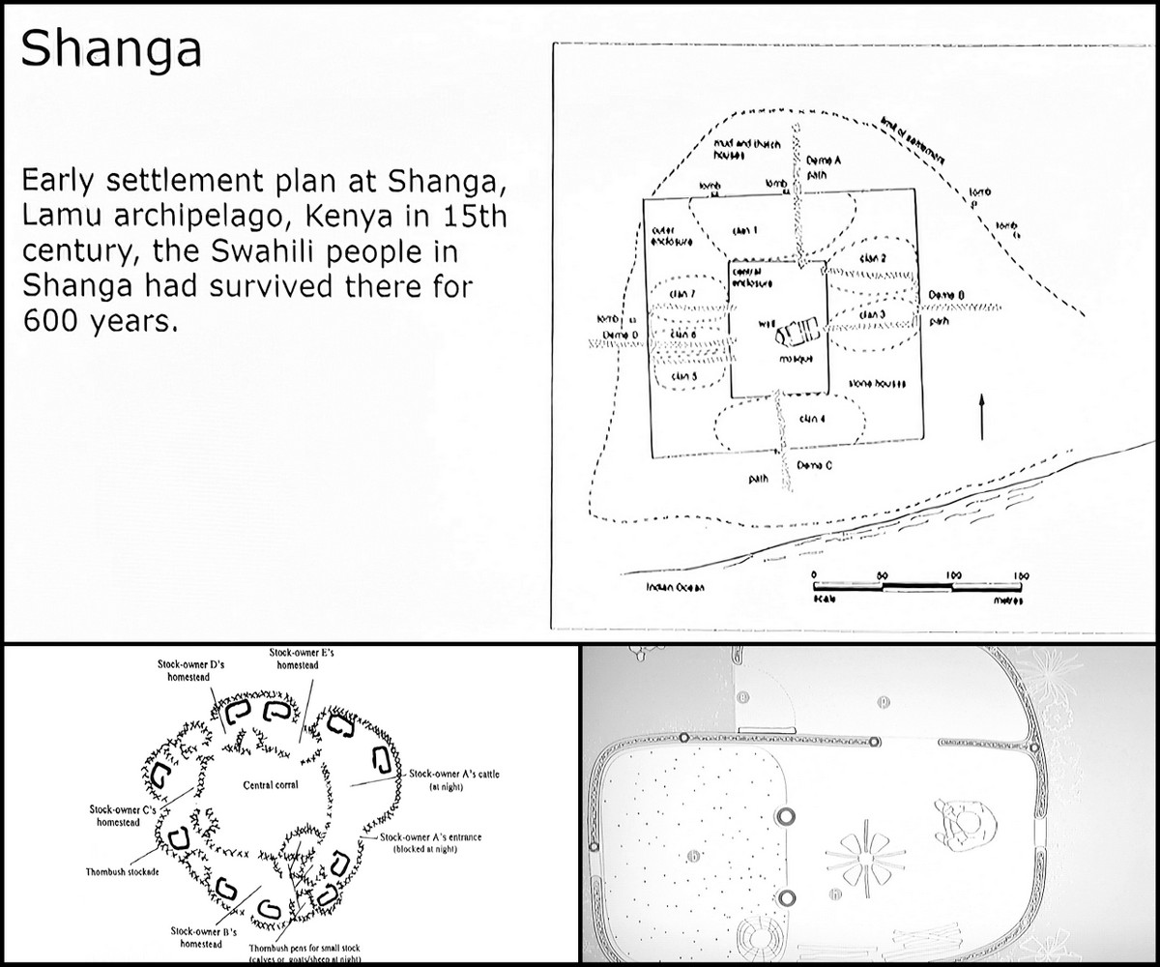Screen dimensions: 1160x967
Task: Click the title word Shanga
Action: click(x=111, y=48)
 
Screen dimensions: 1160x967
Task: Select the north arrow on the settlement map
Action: click(x=982, y=415)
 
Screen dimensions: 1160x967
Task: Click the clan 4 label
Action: click(x=812, y=419)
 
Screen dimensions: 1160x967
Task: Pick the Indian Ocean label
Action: click(x=677, y=588)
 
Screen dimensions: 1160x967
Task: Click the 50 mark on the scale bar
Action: click(x=882, y=574)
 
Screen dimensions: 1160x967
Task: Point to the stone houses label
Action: click(x=877, y=385)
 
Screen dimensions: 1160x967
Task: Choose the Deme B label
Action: click(x=946, y=294)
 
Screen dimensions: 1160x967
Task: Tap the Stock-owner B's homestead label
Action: click(x=194, y=937)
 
